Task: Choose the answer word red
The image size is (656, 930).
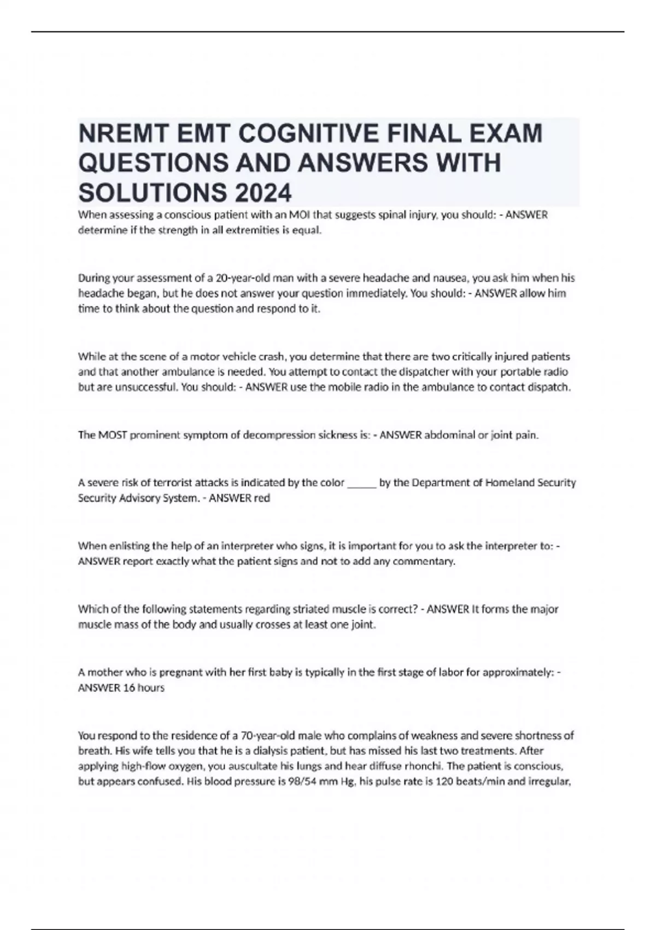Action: click(x=262, y=498)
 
